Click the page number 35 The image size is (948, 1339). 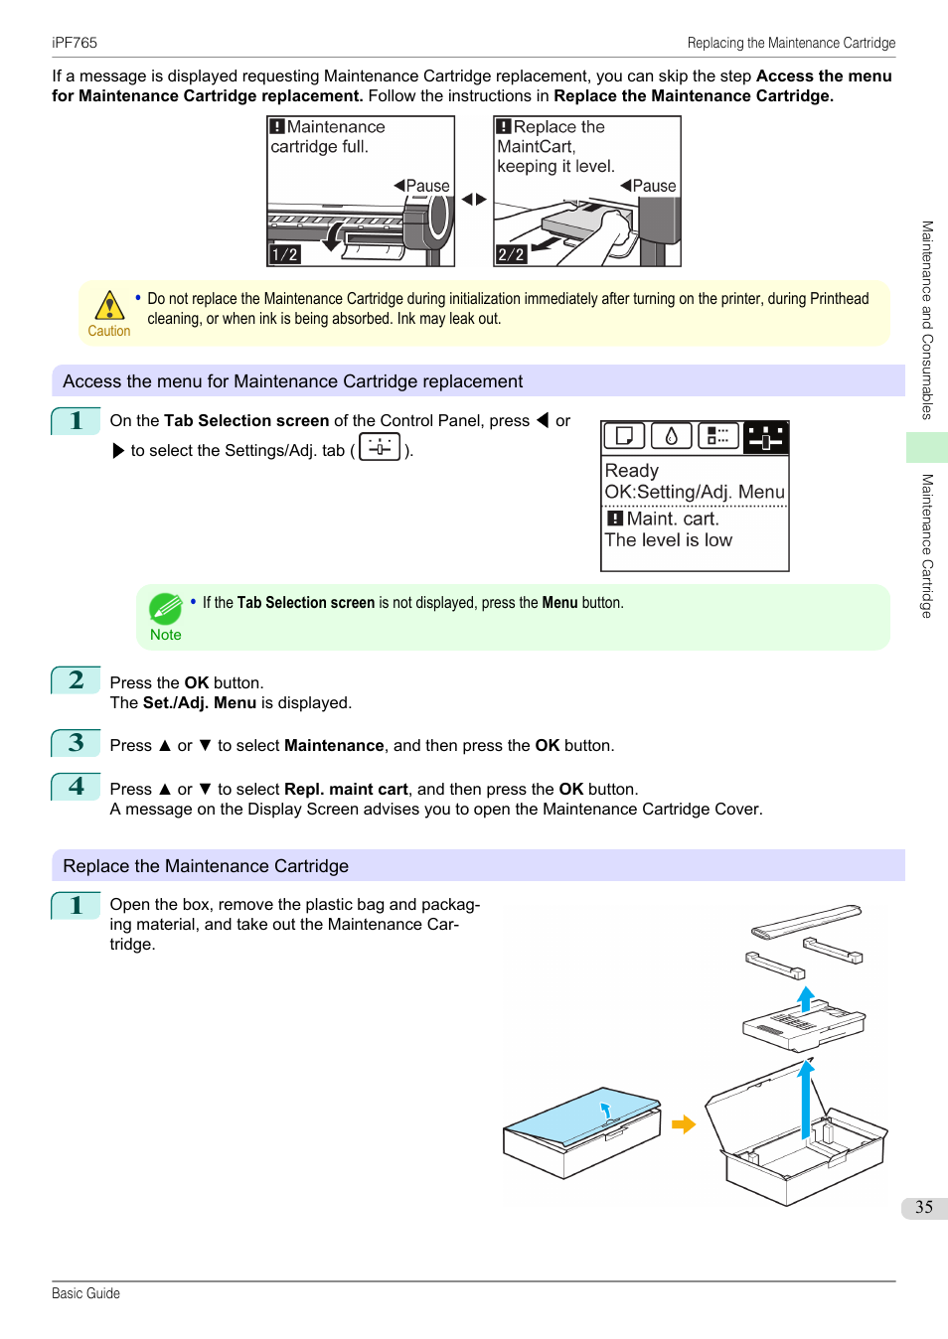tap(924, 1207)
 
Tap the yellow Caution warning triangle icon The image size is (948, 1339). tap(108, 305)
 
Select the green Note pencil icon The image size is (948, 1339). tap(165, 608)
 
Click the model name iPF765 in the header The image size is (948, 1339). tap(75, 43)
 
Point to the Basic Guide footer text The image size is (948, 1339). tap(85, 1293)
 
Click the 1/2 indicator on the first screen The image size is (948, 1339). tap(284, 254)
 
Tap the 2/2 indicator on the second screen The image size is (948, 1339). tap(511, 254)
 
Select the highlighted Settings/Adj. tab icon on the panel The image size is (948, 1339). tap(765, 437)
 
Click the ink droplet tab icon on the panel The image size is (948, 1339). tap(672, 436)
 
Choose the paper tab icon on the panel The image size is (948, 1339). tap(624, 436)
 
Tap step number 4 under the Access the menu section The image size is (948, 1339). tap(77, 787)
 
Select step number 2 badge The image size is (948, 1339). tap(77, 680)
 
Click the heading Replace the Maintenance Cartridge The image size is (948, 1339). tap(206, 866)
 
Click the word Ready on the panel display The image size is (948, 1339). tap(632, 471)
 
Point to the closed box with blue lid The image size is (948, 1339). tap(582, 1132)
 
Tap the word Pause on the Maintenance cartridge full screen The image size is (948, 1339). tap(428, 186)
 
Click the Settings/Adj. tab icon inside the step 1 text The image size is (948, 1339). tap(380, 448)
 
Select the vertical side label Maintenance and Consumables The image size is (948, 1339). tap(927, 320)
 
